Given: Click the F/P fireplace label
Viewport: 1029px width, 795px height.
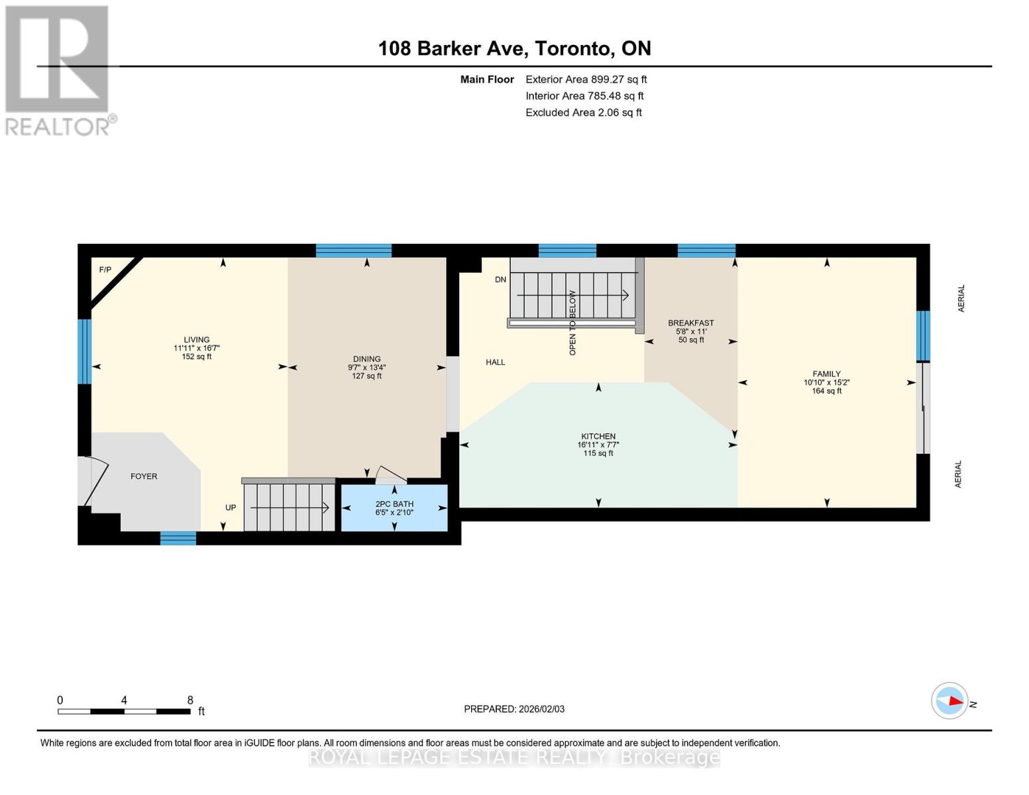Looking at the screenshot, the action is pyautogui.click(x=105, y=270).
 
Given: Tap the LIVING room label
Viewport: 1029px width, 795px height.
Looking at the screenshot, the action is pyautogui.click(x=197, y=339).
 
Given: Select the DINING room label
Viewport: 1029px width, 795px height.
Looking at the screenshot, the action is pyautogui.click(x=366, y=359).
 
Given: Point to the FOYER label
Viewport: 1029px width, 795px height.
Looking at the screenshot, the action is pyautogui.click(x=144, y=476).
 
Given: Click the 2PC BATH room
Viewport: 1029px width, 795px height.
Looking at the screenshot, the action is pyautogui.click(x=394, y=507).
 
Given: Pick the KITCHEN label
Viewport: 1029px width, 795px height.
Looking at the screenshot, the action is pyautogui.click(x=598, y=436).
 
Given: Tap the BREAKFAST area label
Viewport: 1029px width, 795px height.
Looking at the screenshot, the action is pyautogui.click(x=691, y=323).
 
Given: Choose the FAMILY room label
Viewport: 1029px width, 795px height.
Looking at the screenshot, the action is pyautogui.click(x=827, y=374).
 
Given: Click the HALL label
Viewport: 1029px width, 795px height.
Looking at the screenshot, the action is pyautogui.click(x=496, y=362).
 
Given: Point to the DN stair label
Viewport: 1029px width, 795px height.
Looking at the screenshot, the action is pyautogui.click(x=500, y=280).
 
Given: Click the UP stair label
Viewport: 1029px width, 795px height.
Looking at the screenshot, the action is pyautogui.click(x=231, y=507).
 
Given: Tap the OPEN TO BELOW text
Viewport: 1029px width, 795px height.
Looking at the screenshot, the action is pyautogui.click(x=572, y=323).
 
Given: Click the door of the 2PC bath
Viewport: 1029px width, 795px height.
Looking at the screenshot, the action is pyautogui.click(x=391, y=475).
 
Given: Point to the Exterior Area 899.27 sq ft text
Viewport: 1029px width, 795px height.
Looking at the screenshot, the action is pyautogui.click(x=586, y=79).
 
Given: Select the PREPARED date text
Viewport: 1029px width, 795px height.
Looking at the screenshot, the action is pyautogui.click(x=514, y=710).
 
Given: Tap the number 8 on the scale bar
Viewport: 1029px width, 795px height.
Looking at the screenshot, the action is pyautogui.click(x=190, y=700).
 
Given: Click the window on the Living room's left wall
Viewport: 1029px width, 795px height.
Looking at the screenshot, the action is pyautogui.click(x=85, y=351).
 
